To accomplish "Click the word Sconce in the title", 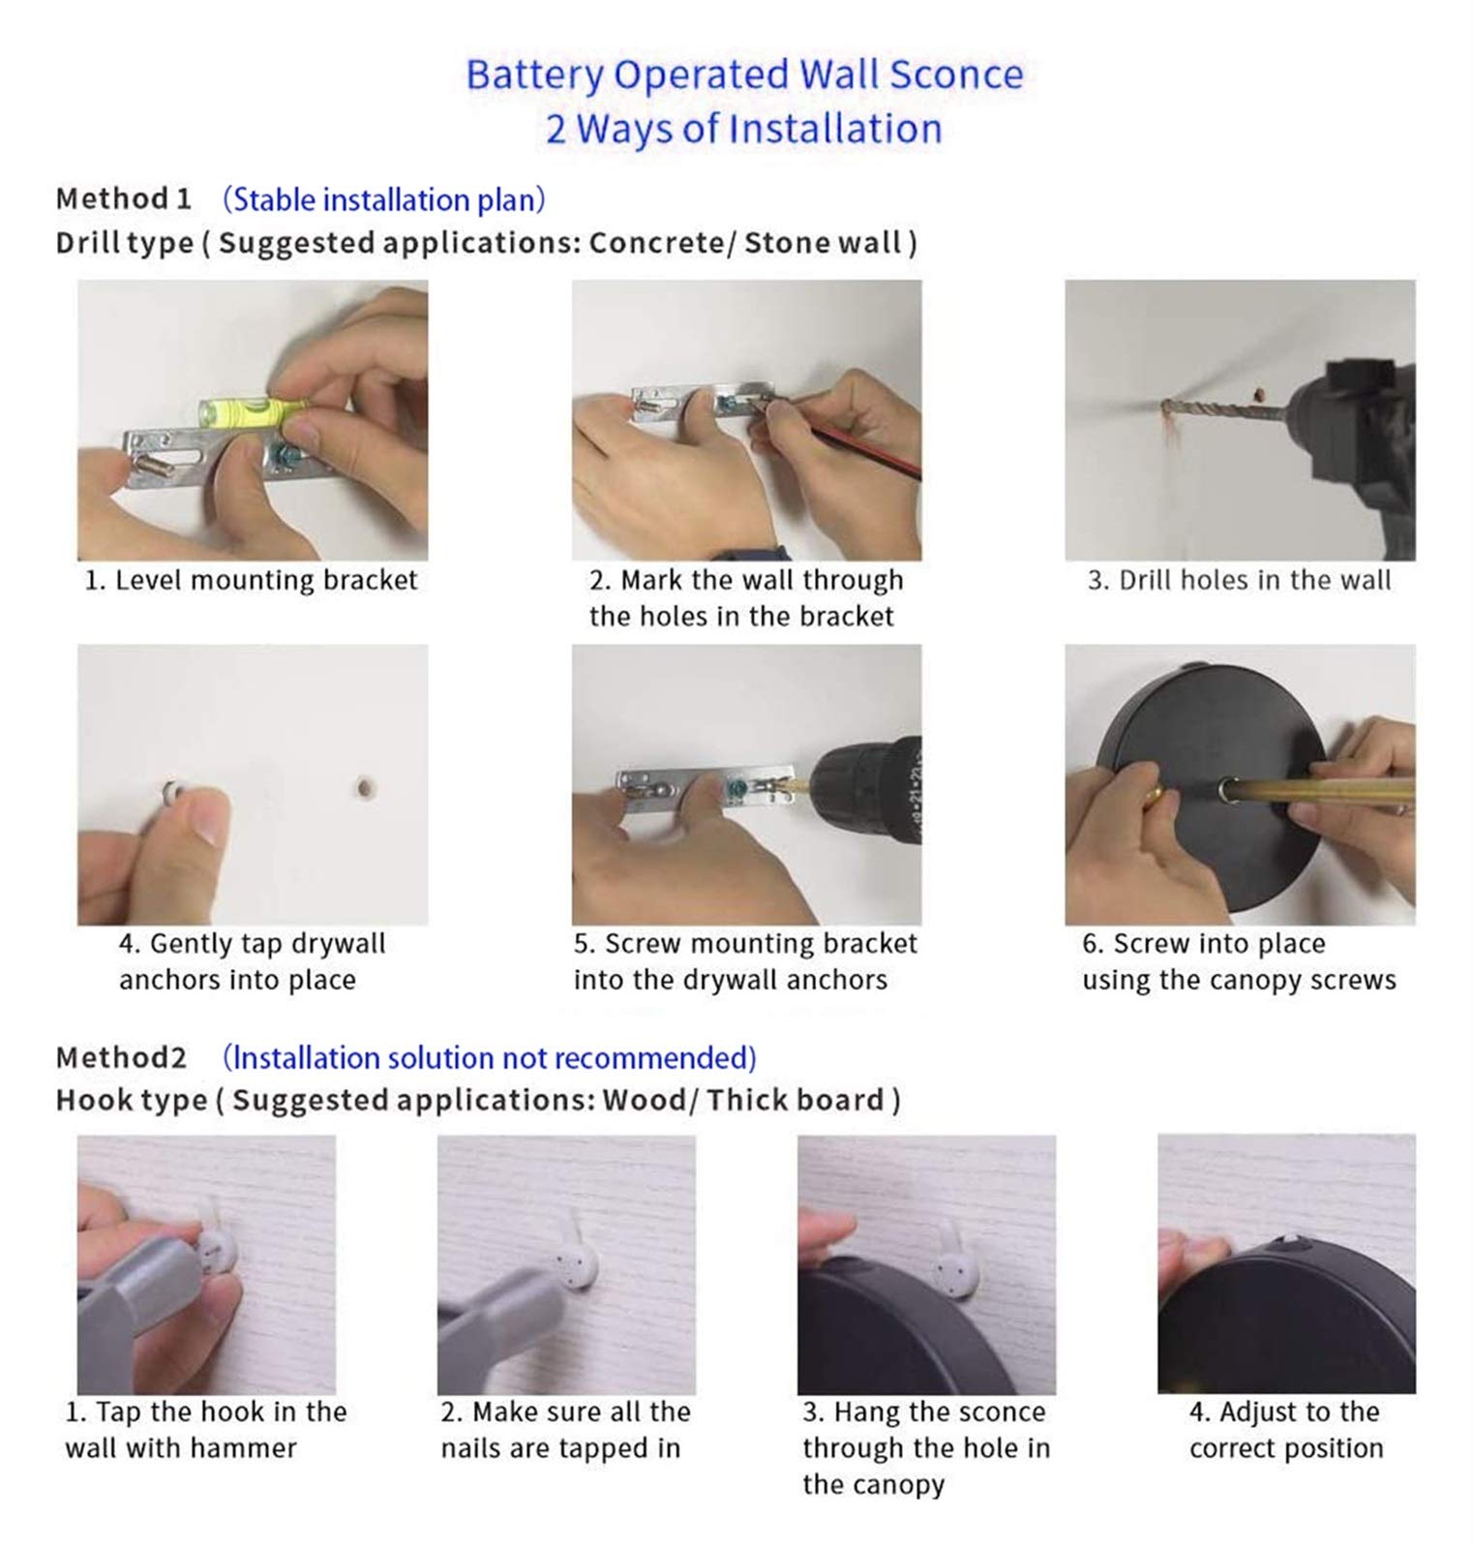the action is (x=956, y=75).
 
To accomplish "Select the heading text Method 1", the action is (x=123, y=198).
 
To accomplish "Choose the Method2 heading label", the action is (x=121, y=1057).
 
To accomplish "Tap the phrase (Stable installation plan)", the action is (x=384, y=199).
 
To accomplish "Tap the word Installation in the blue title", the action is (x=835, y=130).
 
